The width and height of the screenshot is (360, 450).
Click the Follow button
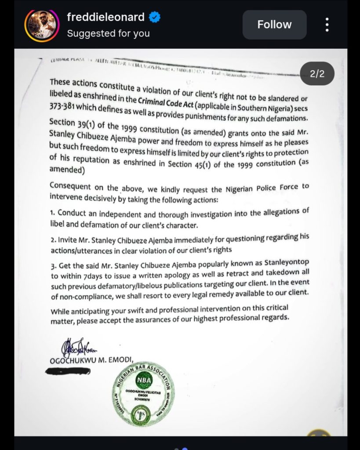[274, 25]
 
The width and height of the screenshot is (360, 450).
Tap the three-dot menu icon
[327, 25]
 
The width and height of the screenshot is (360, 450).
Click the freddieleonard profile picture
[42, 25]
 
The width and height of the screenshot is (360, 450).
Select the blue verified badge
[154, 18]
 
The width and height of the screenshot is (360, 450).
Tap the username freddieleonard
[105, 18]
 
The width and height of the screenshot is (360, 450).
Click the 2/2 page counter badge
[317, 74]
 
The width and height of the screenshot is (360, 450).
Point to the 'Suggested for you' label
[108, 33]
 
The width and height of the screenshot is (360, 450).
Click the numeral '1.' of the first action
[53, 213]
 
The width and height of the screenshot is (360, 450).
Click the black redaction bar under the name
[68, 371]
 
